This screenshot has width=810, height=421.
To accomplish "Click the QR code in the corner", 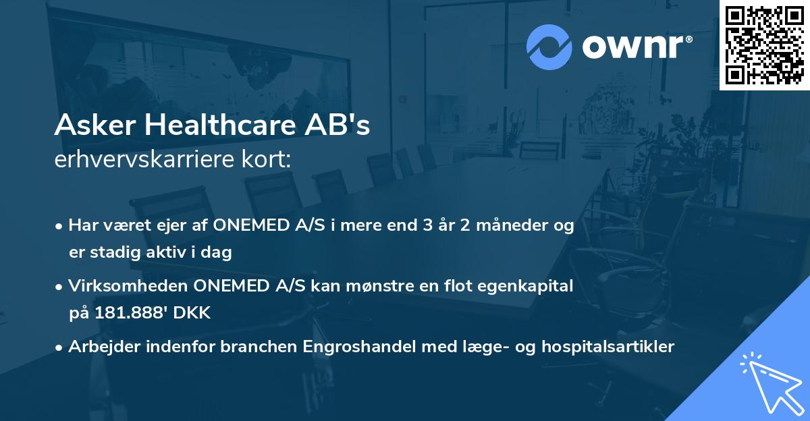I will pos(764,45).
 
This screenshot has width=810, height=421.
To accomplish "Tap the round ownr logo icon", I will pos(549,47).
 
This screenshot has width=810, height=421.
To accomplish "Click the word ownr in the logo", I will pos(636,47).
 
